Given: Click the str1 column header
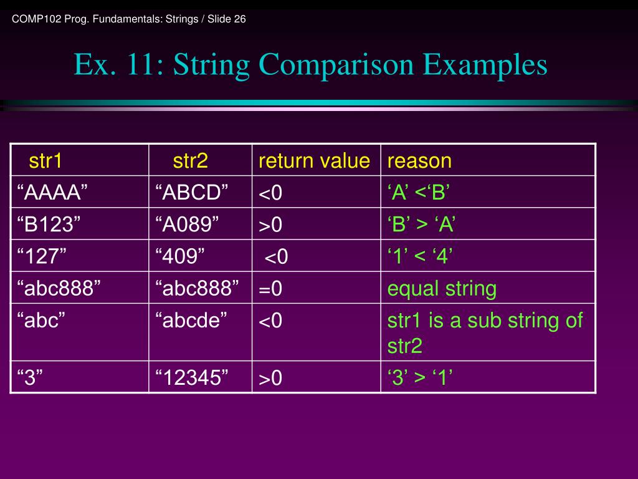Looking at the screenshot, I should click(x=45, y=161).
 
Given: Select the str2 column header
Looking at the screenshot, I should click(x=190, y=161).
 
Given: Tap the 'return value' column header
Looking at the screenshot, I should click(x=314, y=161).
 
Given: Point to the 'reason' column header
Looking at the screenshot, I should click(x=419, y=161).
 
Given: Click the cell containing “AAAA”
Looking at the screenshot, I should click(x=51, y=193).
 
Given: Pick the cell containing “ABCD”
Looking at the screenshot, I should click(x=192, y=193).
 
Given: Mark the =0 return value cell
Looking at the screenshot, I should click(x=271, y=289).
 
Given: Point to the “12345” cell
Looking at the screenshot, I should click(x=191, y=377).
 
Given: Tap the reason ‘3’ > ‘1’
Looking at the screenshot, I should click(x=420, y=377).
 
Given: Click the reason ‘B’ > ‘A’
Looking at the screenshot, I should click(x=421, y=225).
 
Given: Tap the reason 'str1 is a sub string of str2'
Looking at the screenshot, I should click(x=485, y=332).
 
